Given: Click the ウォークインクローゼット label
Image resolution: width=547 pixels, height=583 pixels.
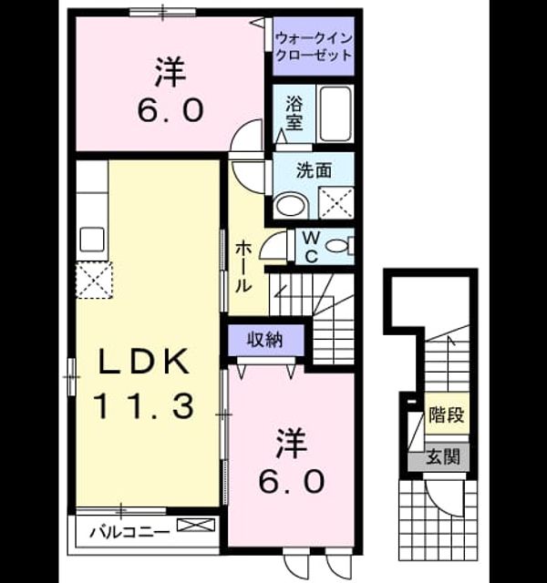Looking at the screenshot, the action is pos(315,46).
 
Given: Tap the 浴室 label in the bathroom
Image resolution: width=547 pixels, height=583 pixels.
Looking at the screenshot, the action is pos(294,113).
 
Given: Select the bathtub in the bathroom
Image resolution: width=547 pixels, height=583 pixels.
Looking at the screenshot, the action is pos(335,113).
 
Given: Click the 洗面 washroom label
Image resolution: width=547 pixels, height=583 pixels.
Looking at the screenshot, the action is pos(314,170).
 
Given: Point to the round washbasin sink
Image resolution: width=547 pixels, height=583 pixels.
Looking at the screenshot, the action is pos(291,204).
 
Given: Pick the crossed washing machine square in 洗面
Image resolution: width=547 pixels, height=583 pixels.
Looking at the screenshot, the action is pos(336,202).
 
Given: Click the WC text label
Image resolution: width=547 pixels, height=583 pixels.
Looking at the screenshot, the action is pos(311,247).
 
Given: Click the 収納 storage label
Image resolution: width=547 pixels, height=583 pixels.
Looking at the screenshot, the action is pos(265,340).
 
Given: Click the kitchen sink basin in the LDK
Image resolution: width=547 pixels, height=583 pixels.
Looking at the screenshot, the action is pos(92,240).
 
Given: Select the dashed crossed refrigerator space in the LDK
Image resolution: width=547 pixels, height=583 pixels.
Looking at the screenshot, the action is pos(94,280).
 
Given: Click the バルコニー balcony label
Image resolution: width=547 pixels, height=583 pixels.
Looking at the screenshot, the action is pos(129,532).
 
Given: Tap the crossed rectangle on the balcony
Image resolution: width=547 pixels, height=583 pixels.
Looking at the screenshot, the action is pos(196,525).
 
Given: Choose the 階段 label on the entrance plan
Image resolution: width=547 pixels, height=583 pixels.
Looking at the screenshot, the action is pos(447,414).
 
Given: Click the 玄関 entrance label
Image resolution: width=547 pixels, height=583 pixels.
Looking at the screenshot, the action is pos(443,456).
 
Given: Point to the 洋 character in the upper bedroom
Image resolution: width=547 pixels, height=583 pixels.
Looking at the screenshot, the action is pos(170,71).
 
